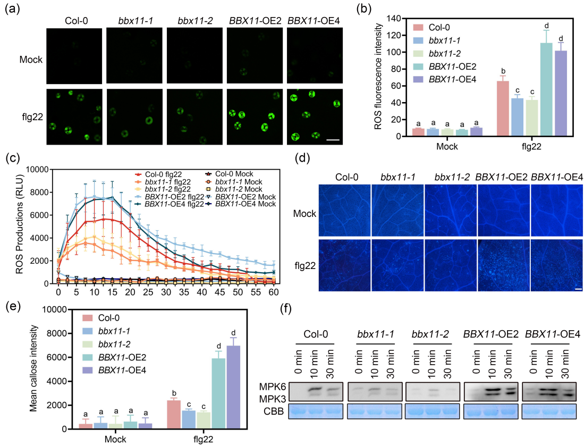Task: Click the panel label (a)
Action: (x=12, y=10)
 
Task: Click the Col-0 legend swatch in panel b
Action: (x=409, y=28)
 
